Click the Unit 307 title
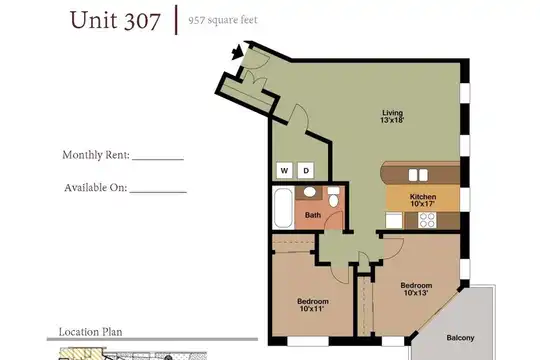click(x=115, y=20)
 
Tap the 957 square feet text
click(x=223, y=20)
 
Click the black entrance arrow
click(x=237, y=52)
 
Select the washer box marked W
click(x=284, y=170)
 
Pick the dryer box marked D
click(x=306, y=170)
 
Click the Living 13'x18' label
click(x=392, y=116)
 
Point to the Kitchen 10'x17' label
click(x=423, y=200)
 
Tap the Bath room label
click(x=313, y=215)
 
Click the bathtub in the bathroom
click(x=283, y=208)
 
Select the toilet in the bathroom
click(x=333, y=197)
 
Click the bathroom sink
click(x=309, y=192)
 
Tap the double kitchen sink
click(x=418, y=175)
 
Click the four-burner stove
click(x=427, y=220)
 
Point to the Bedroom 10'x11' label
click(x=313, y=305)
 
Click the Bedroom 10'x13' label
click(x=416, y=289)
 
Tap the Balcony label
click(x=460, y=338)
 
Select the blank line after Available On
click(x=158, y=192)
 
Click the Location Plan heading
click(x=91, y=332)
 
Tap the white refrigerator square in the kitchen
click(x=394, y=220)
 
